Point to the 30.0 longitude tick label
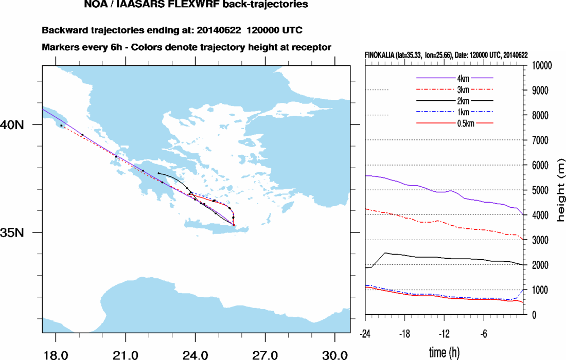point(334,355)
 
